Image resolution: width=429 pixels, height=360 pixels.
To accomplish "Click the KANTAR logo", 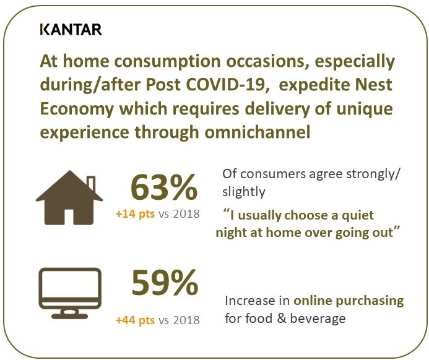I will coord(71,30).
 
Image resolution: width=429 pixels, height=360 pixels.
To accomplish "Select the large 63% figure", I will coord(164,187).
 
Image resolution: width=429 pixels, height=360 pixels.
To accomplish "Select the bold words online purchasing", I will coord(349,301).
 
